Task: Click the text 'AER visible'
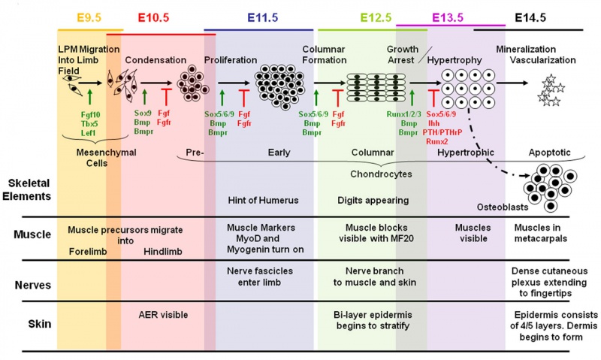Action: (x=164, y=315)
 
